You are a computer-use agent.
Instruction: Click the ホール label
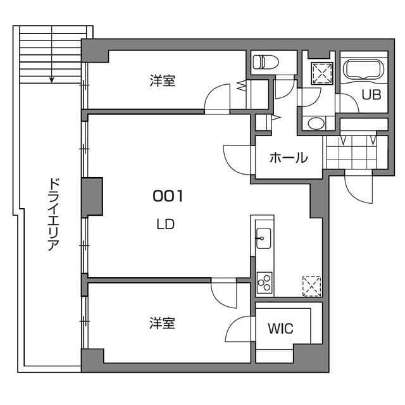click(x=289, y=158)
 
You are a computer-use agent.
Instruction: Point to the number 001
click(x=167, y=197)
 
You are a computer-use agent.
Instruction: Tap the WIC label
click(x=280, y=329)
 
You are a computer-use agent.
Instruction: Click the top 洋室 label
click(x=162, y=81)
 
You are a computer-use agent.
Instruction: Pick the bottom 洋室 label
click(x=162, y=323)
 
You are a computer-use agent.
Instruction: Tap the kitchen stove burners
click(x=264, y=282)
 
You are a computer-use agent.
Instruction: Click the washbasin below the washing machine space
click(x=314, y=122)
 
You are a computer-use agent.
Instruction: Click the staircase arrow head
click(x=53, y=80)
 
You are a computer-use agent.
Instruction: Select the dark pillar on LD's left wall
click(x=92, y=197)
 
